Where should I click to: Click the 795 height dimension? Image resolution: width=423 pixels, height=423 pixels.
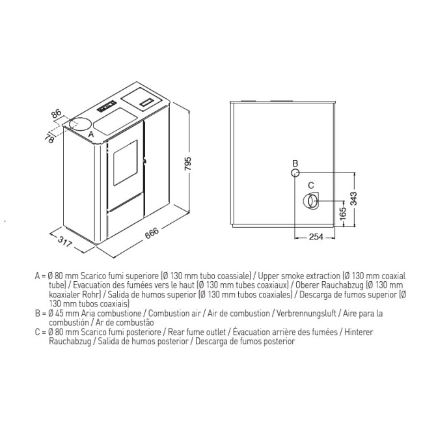pyautogui.click(x=187, y=164)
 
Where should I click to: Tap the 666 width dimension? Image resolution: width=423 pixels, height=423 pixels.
pyautogui.click(x=152, y=232)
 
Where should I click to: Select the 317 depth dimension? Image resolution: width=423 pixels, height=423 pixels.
pyautogui.click(x=65, y=241)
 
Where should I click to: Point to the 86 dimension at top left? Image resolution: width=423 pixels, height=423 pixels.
pyautogui.click(x=57, y=114)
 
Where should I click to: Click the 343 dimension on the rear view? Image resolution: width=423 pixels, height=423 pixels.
pyautogui.click(x=353, y=198)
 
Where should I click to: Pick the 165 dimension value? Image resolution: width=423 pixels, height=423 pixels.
pyautogui.click(x=342, y=213)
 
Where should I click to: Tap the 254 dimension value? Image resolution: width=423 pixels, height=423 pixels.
pyautogui.click(x=316, y=237)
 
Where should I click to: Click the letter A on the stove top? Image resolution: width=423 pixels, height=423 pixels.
pyautogui.click(x=91, y=134)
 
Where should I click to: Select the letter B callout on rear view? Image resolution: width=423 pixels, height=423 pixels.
pyautogui.click(x=295, y=163)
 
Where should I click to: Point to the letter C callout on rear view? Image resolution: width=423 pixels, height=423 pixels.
pyautogui.click(x=311, y=185)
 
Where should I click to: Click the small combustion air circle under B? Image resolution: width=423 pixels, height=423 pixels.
pyautogui.click(x=295, y=172)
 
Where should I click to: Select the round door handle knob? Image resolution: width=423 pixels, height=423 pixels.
pyautogui.click(x=144, y=161)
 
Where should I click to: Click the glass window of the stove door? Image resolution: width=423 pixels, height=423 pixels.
pyautogui.click(x=125, y=163)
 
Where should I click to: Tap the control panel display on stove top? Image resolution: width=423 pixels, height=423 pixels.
pyautogui.click(x=107, y=106)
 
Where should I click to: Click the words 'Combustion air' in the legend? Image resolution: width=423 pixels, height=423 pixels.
pyautogui.click(x=174, y=314)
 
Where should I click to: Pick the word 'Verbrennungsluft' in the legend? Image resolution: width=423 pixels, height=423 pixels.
pyautogui.click(x=307, y=314)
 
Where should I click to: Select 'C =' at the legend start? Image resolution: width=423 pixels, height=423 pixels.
pyautogui.click(x=41, y=332)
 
